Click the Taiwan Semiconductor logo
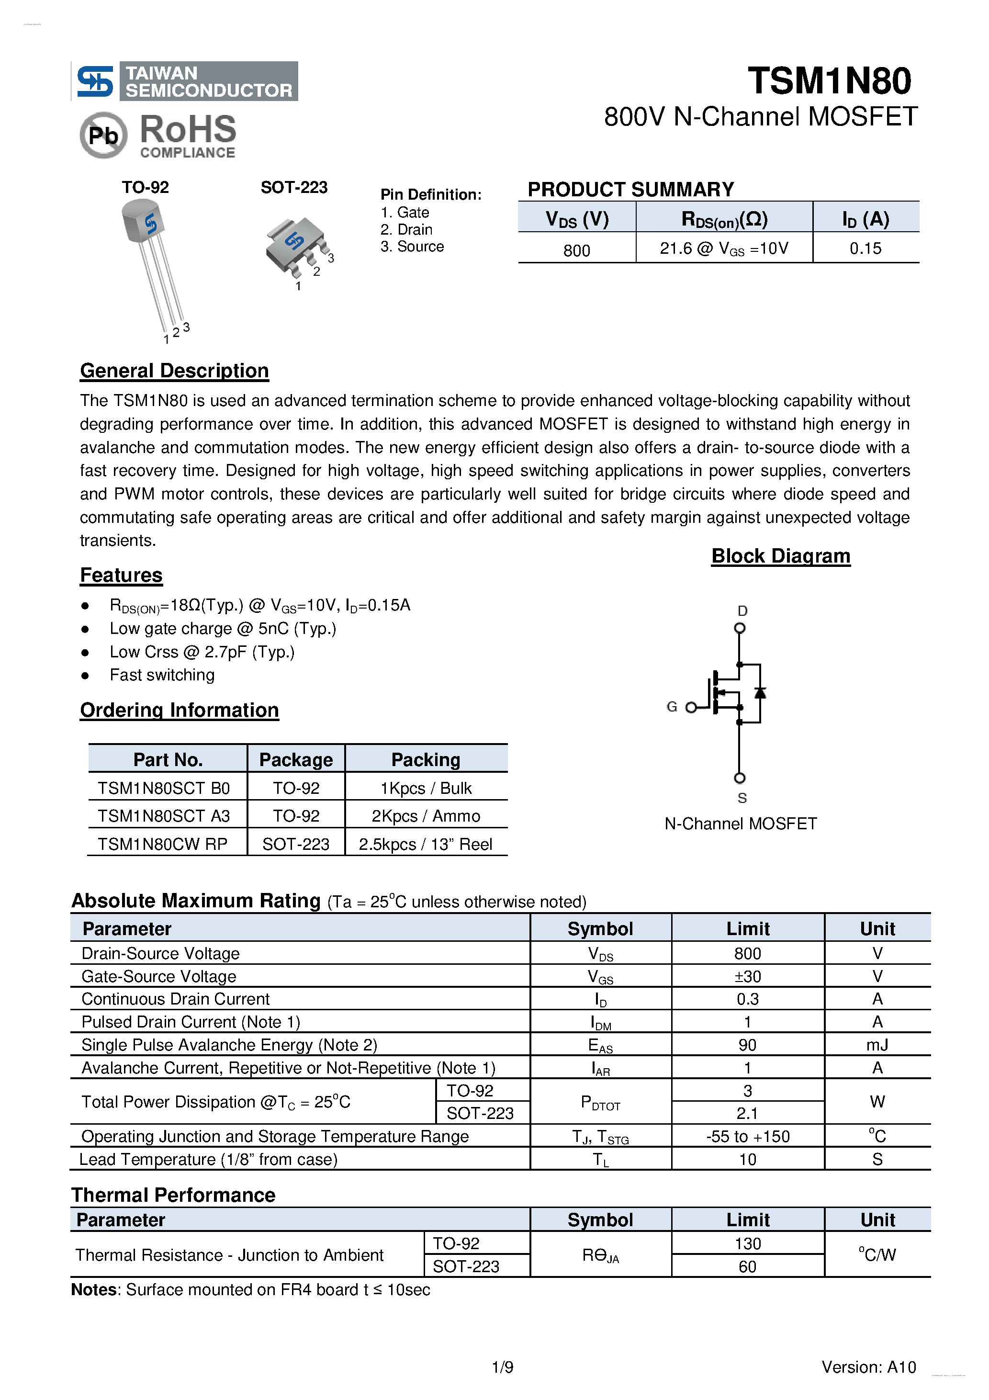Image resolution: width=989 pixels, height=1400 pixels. (185, 81)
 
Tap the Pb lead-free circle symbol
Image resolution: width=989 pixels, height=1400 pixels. (103, 135)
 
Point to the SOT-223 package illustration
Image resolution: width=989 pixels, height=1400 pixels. (296, 247)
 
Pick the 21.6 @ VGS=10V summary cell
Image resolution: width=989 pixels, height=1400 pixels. (724, 249)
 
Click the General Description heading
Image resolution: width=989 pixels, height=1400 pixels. (174, 371)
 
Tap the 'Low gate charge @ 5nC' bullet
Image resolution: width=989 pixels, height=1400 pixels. (223, 629)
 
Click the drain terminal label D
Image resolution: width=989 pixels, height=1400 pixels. (742, 610)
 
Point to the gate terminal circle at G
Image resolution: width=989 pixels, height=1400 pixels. (691, 707)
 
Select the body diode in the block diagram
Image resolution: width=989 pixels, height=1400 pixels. (760, 693)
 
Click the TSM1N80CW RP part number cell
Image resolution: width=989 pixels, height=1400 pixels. (163, 844)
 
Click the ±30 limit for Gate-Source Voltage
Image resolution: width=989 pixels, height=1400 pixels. (748, 976)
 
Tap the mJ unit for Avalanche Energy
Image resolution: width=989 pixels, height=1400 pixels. (877, 1045)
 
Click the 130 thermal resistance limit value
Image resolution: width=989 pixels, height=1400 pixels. (748, 1243)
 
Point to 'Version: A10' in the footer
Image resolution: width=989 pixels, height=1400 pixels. (868, 1367)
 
